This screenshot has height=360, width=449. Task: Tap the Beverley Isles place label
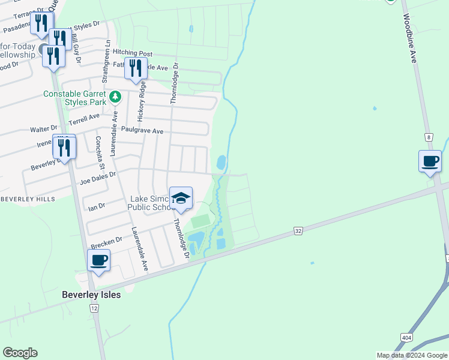(91, 295)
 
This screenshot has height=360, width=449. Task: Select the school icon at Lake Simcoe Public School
(181, 199)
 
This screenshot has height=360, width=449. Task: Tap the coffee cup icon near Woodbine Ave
(430, 161)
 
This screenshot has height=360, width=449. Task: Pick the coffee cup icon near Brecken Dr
(99, 260)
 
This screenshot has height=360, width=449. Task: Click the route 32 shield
(298, 230)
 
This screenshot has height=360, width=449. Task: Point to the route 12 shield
(94, 308)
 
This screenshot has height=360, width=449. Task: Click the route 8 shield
(429, 137)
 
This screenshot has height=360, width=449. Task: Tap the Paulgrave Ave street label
(142, 130)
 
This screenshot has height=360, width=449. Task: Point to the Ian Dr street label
(97, 206)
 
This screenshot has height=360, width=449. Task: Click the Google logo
(20, 353)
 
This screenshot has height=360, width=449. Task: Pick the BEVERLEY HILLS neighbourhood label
(28, 199)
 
